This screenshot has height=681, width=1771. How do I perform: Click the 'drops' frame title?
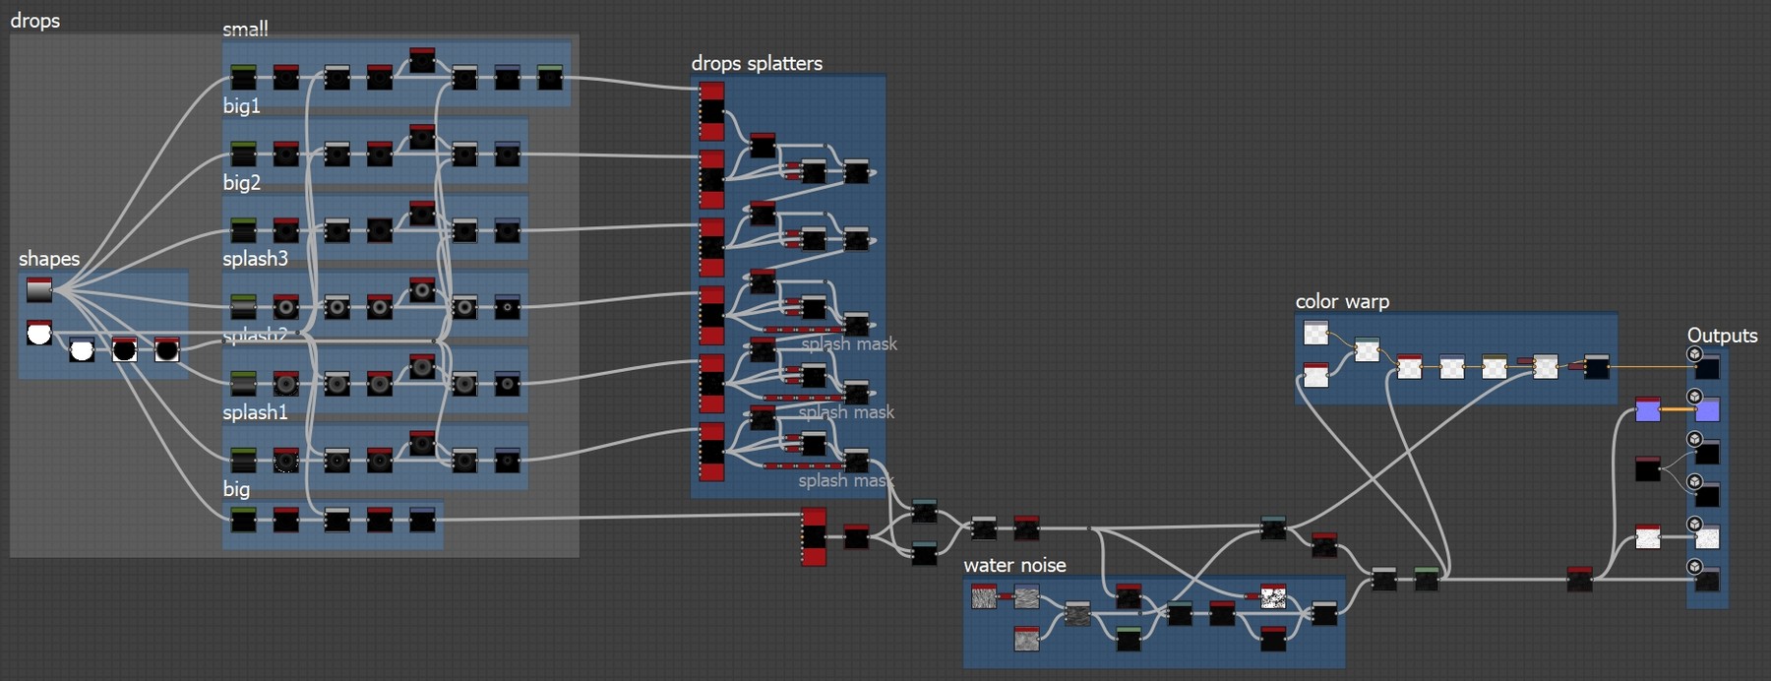(x=35, y=21)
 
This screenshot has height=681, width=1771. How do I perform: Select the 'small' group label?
(x=245, y=30)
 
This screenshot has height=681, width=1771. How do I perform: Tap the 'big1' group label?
(x=241, y=106)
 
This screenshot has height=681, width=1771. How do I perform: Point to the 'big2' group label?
(x=241, y=183)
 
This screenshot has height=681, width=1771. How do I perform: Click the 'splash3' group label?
(x=255, y=259)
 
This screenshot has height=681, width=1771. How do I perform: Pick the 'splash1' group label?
(x=255, y=412)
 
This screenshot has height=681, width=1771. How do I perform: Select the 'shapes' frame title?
(x=49, y=259)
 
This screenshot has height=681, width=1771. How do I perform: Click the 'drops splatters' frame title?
(x=757, y=64)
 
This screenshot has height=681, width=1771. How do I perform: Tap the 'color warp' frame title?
(x=1342, y=302)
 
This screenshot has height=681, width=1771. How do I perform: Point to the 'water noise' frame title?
(x=1014, y=566)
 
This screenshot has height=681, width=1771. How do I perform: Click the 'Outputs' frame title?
(x=1722, y=336)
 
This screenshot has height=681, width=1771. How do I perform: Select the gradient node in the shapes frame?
(x=39, y=290)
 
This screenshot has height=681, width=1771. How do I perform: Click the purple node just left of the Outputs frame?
(x=1648, y=409)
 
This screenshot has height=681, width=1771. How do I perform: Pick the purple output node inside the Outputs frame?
(x=1708, y=409)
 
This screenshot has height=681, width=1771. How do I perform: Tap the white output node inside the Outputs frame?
(x=1708, y=537)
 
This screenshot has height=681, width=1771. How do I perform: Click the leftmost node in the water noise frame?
(x=984, y=596)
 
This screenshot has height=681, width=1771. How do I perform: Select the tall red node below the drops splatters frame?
(x=814, y=536)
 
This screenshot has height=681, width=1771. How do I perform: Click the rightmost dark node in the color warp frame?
(x=1597, y=368)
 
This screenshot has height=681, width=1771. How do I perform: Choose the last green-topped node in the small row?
(x=550, y=77)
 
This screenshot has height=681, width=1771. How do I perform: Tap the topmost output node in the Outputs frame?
(x=1708, y=367)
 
